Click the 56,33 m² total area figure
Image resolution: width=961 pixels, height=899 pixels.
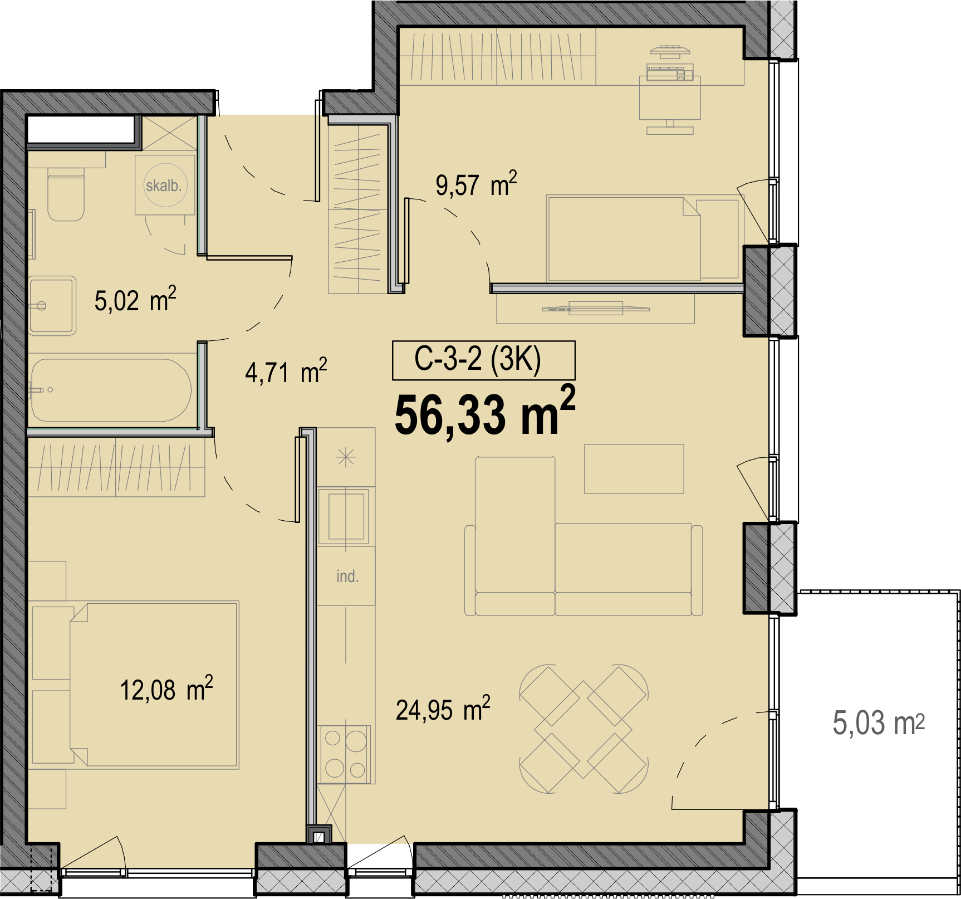point(485,413)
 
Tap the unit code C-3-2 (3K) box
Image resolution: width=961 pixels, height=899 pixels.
point(483,360)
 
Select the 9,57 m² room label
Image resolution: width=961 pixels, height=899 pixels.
point(476,184)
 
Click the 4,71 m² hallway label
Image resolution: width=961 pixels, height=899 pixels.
point(286,372)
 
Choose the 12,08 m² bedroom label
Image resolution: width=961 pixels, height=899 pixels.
point(166,689)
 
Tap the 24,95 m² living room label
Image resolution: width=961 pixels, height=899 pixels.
point(443,709)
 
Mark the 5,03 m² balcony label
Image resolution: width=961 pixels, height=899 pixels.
point(879,723)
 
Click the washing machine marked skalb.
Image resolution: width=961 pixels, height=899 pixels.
point(165,185)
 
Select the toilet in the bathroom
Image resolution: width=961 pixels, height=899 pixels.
point(66,193)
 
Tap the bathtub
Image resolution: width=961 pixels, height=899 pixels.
point(111,390)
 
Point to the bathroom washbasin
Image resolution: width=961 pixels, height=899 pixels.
point(52,306)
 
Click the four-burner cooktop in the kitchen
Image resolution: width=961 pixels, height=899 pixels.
point(345,754)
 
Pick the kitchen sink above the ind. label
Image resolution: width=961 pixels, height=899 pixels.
point(346,516)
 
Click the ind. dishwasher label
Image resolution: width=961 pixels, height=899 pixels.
point(347,576)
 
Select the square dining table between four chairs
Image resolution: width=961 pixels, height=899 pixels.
point(584,729)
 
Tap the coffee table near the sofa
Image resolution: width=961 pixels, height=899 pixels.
point(634,468)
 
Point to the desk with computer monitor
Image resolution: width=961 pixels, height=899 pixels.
point(670,98)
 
